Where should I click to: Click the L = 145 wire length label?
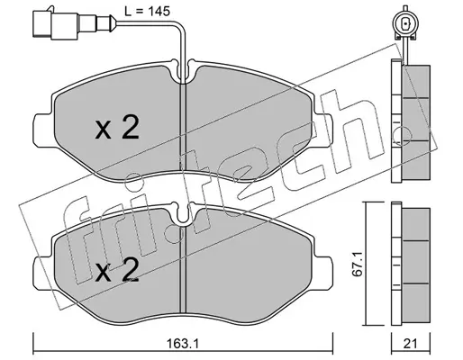click(148, 12)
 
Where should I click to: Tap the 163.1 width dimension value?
click(183, 344)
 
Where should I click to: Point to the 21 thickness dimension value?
click(410, 344)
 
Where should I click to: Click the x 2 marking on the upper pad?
click(117, 128)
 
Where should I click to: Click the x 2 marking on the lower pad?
click(117, 270)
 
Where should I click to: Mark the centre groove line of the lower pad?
click(183, 270)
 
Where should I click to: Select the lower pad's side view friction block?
click(416, 265)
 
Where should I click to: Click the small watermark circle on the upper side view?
click(403, 135)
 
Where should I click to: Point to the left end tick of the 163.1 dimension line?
click(32, 344)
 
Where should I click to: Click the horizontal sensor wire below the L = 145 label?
click(144, 22)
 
